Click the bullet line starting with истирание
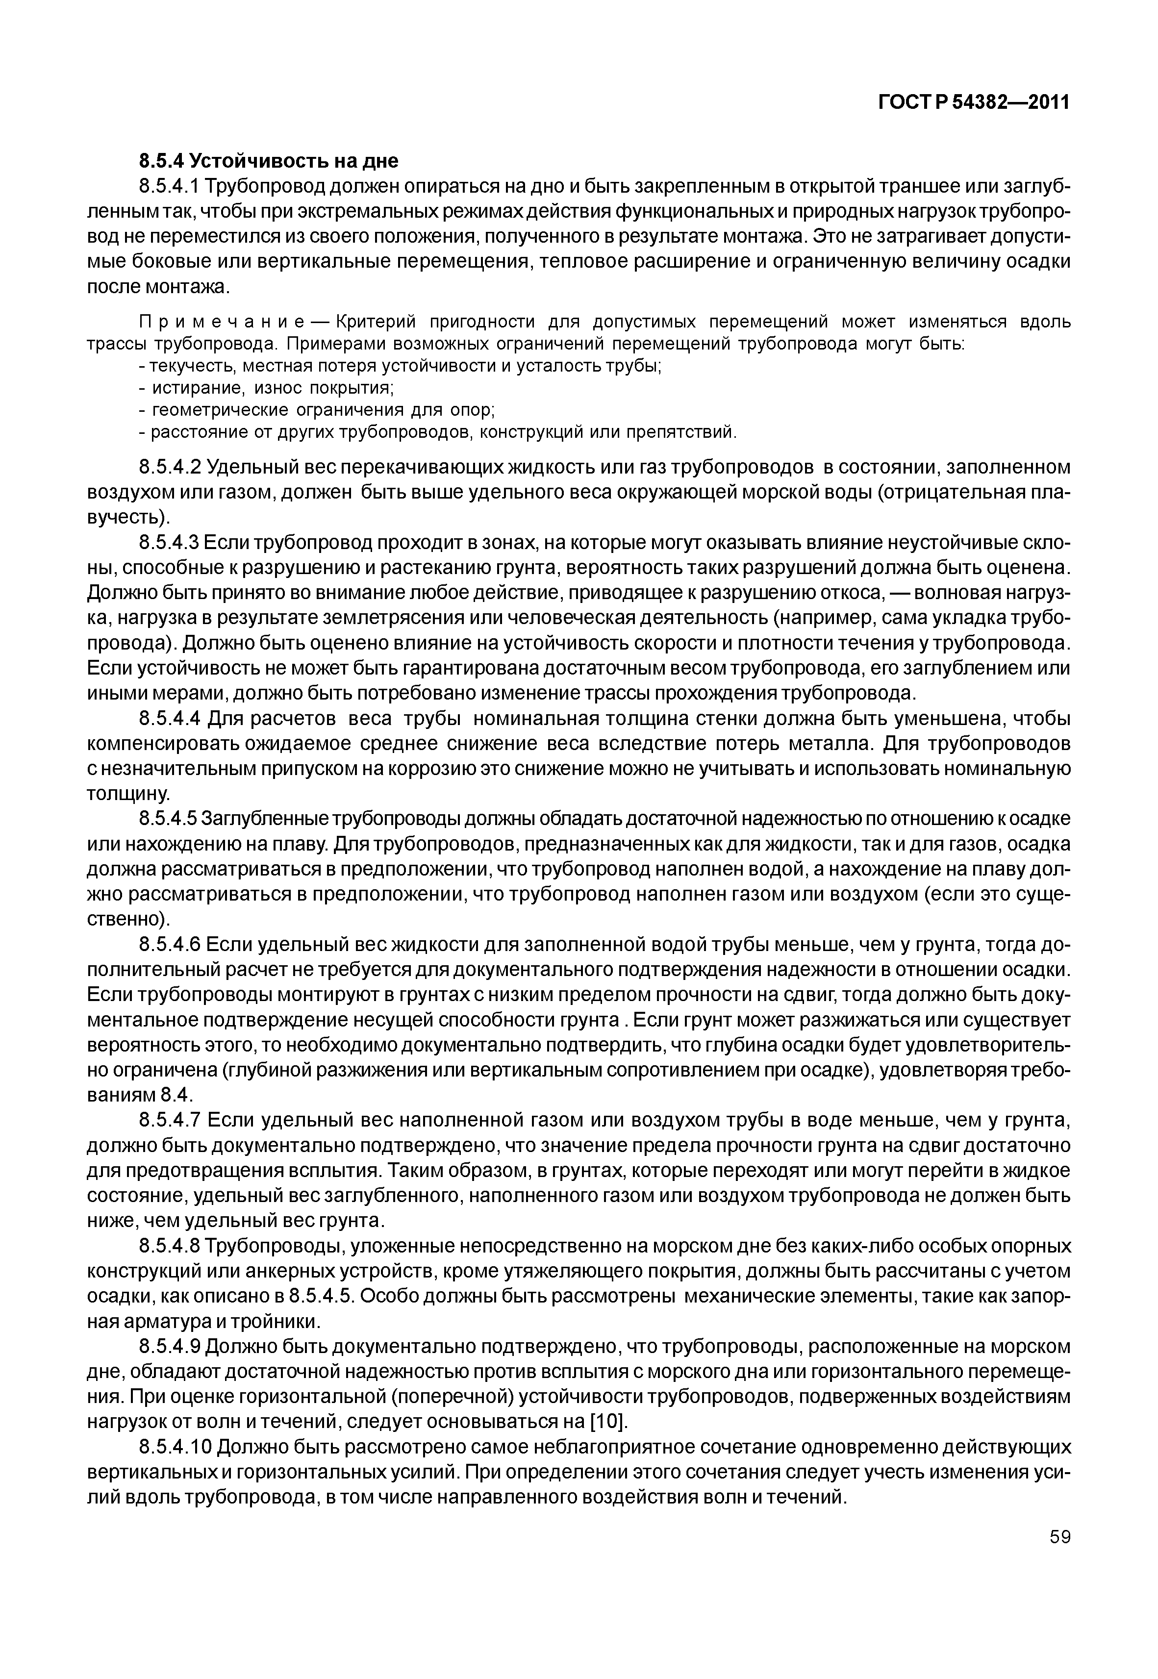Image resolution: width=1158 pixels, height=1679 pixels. pyautogui.click(x=267, y=388)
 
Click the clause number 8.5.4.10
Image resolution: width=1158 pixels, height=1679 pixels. pyautogui.click(x=174, y=1447)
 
